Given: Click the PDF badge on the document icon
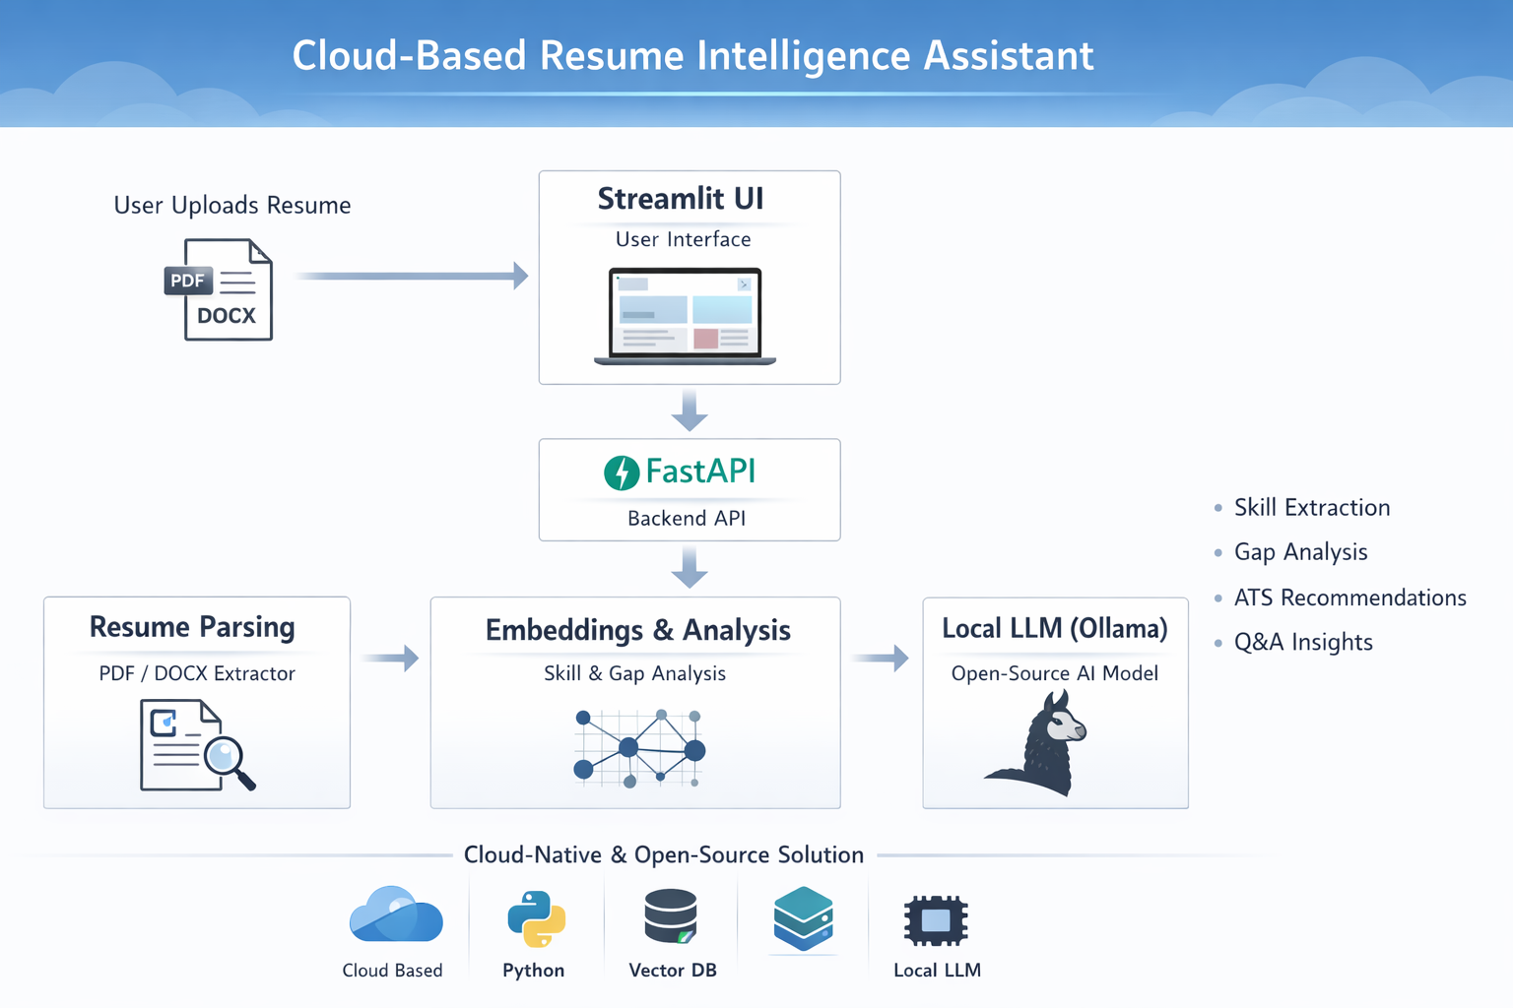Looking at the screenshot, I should pos(187,281).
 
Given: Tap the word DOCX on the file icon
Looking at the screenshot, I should pos(226,316).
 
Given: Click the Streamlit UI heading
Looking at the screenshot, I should pos(681,199).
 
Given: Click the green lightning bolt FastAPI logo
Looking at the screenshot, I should pos(622,472).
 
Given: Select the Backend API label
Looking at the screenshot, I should pos(687,519).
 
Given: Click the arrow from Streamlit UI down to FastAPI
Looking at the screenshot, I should pos(690,409).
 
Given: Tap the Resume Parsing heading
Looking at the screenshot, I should pos(192,627).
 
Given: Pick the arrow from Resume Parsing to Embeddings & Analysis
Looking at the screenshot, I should pos(391,657).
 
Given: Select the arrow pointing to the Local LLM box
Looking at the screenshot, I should pos(881,657).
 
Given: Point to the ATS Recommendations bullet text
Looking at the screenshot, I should pos(1349,598).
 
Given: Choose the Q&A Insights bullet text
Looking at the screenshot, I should pos(1302,642).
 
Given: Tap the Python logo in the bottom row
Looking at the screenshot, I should pos(536,918).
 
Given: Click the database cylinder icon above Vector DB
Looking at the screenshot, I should pos(671,916).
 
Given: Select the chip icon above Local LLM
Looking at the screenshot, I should pos(936,920).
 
